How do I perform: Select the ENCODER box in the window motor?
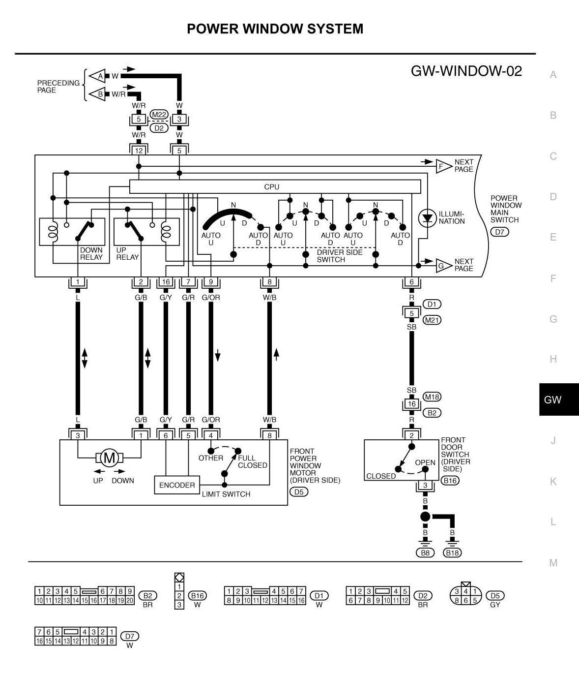coord(177,485)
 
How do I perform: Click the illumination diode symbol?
coord(426,217)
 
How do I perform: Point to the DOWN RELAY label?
coord(91,254)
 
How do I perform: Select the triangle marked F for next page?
coord(443,166)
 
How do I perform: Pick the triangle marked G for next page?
coord(443,266)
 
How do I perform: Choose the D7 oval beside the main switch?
coord(500,232)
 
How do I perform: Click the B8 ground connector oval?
coord(425,552)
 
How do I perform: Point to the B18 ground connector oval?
coord(452,552)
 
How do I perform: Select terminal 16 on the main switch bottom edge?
coord(166,282)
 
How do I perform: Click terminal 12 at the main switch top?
coord(139,151)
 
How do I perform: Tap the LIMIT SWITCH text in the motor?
coord(226,494)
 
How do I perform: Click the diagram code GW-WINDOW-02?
coord(466,71)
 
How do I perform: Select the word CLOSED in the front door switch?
coord(381,476)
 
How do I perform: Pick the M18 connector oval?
coord(432,397)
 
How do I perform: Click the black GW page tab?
coord(553,399)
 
